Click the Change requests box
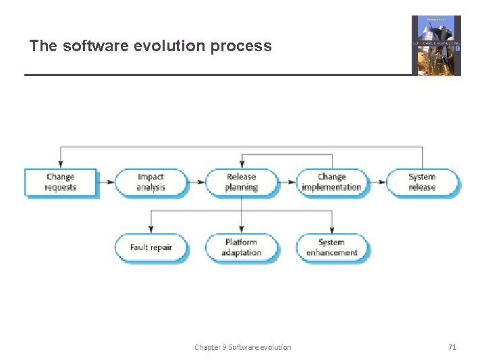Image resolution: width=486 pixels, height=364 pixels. [x=60, y=182]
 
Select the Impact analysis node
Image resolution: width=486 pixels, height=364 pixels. [x=151, y=182]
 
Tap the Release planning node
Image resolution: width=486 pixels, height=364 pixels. [x=241, y=182]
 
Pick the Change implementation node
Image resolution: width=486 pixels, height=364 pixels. [x=331, y=182]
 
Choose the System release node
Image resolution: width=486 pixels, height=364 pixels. [x=422, y=182]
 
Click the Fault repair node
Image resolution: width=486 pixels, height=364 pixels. [x=151, y=247]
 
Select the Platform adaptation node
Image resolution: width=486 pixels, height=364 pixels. [x=241, y=247]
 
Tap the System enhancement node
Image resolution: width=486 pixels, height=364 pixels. [x=331, y=247]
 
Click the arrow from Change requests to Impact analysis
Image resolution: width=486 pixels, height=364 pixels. [x=106, y=182]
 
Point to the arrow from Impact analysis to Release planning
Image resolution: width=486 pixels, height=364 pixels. [x=196, y=182]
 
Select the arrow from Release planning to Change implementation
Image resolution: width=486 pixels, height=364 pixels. [x=288, y=182]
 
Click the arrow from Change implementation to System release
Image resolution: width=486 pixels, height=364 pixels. [x=377, y=182]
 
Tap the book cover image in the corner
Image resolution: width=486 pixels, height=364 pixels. [x=436, y=45]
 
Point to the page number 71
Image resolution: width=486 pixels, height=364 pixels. [x=452, y=347]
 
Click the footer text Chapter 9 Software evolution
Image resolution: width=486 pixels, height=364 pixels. [x=243, y=347]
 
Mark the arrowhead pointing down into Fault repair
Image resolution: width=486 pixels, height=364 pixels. [x=151, y=230]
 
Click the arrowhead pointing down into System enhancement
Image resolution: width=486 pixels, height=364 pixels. [x=332, y=230]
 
